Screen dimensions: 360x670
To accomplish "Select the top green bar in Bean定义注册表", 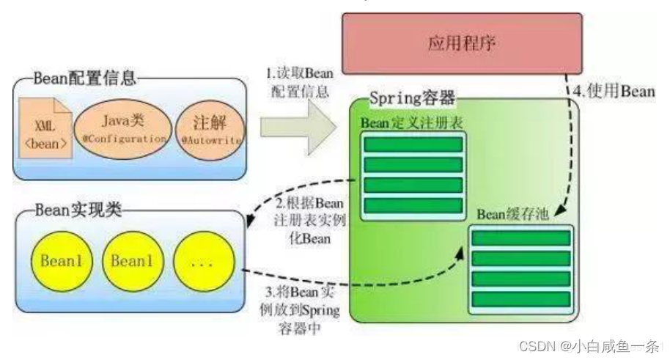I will point(414,144).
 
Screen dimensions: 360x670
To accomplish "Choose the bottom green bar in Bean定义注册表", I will point(414,205).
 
